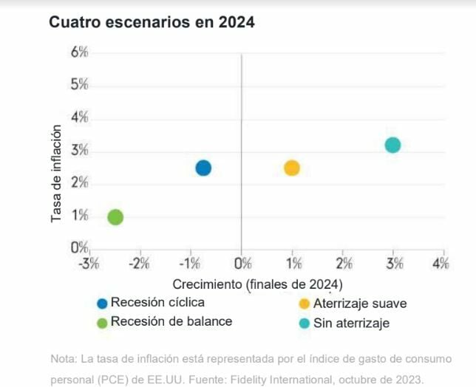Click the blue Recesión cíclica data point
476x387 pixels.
203,168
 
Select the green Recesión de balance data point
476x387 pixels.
115,217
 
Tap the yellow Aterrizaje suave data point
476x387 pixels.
292,168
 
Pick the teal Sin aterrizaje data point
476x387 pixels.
392,145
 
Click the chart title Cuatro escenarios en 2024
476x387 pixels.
152,23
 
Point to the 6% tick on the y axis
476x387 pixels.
79,52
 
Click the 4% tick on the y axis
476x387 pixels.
79,117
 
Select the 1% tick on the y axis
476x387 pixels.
79,216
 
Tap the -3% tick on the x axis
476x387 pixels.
89,264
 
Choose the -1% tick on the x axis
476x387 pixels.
190,264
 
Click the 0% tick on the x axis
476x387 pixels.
242,264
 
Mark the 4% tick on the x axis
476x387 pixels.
441,264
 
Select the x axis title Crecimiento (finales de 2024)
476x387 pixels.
257,284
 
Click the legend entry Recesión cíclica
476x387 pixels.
157,302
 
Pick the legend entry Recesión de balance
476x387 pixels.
171,321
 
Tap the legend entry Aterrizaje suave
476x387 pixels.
360,304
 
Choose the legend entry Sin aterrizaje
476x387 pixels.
351,323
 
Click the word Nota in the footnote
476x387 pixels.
63,359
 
